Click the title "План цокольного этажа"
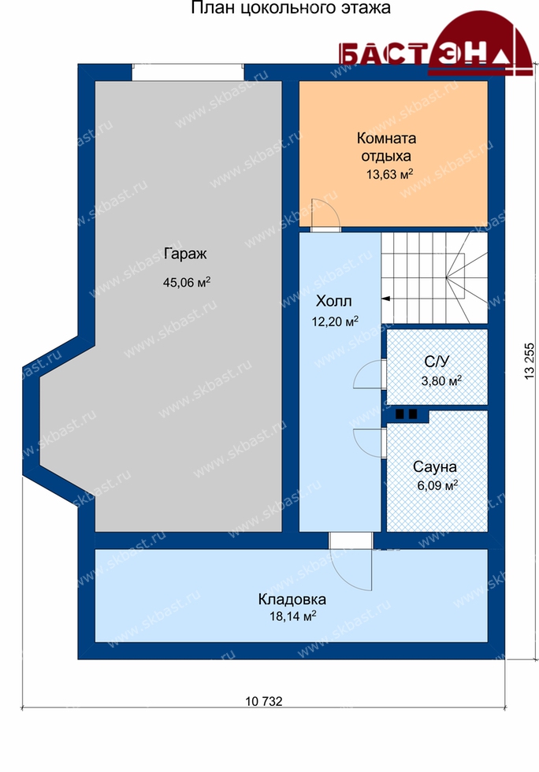[291, 9]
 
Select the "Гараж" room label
[185, 254]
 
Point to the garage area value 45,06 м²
[187, 282]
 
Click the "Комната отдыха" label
[386, 147]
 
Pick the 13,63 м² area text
[389, 174]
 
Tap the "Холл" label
[333, 301]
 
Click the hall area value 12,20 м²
[335, 321]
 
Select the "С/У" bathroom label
[437, 362]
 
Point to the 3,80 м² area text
[441, 380]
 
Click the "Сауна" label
[434, 466]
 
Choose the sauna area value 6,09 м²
[437, 485]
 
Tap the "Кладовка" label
[292, 599]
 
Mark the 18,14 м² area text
[292, 616]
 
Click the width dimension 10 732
[264, 701]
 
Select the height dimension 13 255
[530, 361]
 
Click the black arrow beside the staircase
[386, 299]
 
